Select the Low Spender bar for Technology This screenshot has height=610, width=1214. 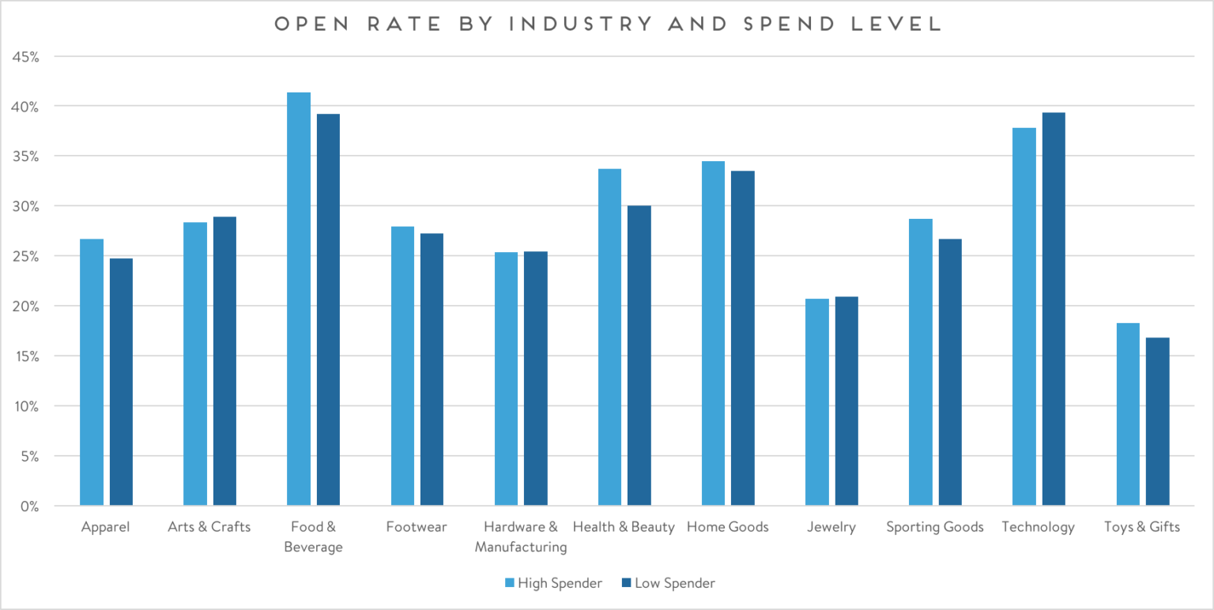(x=1054, y=308)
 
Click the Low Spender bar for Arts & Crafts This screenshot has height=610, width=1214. (x=224, y=360)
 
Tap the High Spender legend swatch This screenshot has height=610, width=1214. (x=510, y=584)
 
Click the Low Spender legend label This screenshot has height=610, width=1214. (x=675, y=584)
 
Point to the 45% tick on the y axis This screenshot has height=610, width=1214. (x=30, y=57)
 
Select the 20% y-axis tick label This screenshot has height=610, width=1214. (x=30, y=307)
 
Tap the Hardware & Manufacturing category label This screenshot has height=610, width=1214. (x=521, y=537)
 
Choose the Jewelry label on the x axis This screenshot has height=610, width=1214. (x=831, y=527)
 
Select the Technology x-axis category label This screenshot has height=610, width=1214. (x=1038, y=527)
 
